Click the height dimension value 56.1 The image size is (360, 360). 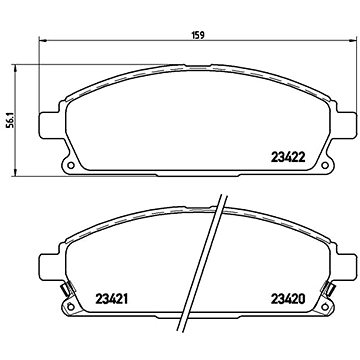(x=11, y=120)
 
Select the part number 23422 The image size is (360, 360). (x=289, y=156)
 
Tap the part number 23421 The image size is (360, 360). (x=112, y=299)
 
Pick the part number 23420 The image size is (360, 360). (x=289, y=299)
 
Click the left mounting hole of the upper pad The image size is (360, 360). (x=71, y=165)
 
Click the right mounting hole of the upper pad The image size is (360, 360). (x=324, y=165)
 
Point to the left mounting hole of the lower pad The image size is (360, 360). (x=71, y=306)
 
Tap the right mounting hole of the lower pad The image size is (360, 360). (x=324, y=306)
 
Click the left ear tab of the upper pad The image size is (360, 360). (x=50, y=125)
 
